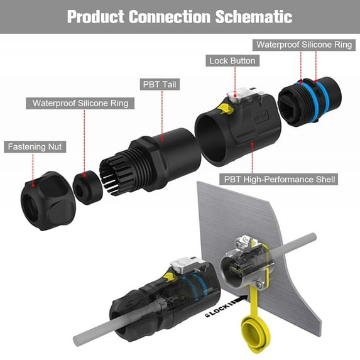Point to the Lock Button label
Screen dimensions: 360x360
pos(232,61)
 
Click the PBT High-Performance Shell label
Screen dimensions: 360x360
pos(280,179)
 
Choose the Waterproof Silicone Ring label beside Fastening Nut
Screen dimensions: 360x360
pos(80,103)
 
